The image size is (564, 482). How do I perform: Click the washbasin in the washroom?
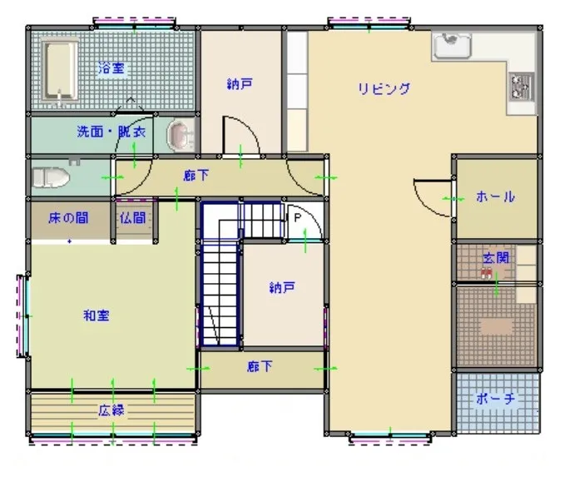tap(181, 135)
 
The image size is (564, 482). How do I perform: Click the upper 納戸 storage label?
tap(240, 83)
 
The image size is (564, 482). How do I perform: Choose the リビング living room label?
tap(383, 89)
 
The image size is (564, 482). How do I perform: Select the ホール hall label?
tap(495, 197)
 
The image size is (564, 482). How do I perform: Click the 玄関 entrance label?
tap(495, 259)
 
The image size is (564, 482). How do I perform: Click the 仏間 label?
tap(132, 219)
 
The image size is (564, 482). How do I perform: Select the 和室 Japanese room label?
tap(96, 316)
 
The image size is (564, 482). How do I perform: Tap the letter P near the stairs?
tap(296, 217)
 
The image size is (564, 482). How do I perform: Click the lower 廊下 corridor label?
tap(259, 366)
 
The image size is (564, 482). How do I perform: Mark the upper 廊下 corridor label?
tap(195, 176)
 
